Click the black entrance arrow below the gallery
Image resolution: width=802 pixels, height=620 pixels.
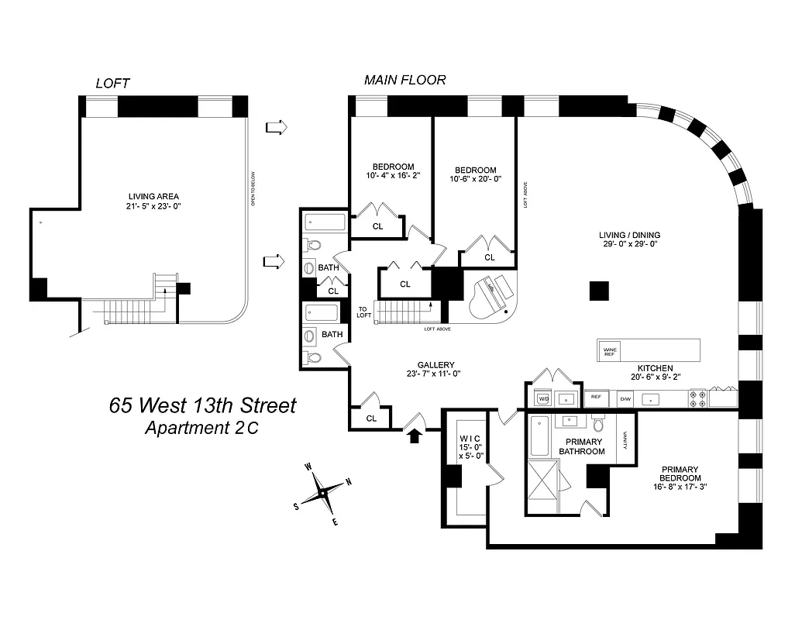click(x=415, y=435)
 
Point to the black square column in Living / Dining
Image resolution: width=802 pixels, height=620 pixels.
click(x=599, y=291)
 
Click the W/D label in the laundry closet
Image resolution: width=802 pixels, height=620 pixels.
click(x=543, y=398)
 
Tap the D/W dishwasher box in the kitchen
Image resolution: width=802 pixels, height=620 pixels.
click(x=625, y=399)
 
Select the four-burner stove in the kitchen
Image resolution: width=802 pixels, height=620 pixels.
click(x=696, y=398)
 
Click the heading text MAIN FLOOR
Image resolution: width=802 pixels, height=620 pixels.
click(x=405, y=80)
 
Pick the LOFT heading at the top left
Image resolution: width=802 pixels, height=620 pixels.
click(x=112, y=83)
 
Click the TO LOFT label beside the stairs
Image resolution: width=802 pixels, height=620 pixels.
click(x=364, y=312)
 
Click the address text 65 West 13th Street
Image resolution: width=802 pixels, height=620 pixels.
click(x=202, y=405)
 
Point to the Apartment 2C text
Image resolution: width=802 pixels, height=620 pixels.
click(x=202, y=428)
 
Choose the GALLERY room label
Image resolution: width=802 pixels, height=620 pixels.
click(x=435, y=365)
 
